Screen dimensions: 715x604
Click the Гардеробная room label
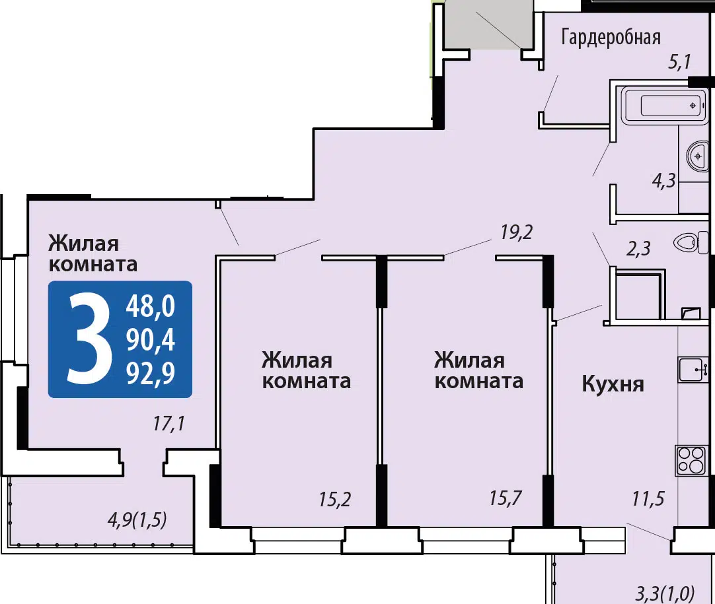click(x=611, y=37)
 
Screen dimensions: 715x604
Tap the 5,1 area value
click(x=679, y=61)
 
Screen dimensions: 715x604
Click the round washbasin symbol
click(x=698, y=156)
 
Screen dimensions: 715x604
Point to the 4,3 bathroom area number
click(x=663, y=181)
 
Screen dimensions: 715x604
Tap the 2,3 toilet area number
click(x=638, y=249)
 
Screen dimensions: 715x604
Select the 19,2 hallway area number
click(x=516, y=232)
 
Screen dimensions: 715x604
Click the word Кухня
click(x=613, y=384)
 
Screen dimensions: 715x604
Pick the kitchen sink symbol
click(x=693, y=370)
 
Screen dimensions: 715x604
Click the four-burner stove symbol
click(x=691, y=460)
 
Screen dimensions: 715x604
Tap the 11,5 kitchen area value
click(x=648, y=499)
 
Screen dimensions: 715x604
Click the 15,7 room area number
click(x=506, y=498)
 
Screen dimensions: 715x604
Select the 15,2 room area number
click(x=334, y=500)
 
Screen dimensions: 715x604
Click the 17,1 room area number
click(x=169, y=424)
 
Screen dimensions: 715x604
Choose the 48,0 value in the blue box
click(x=151, y=306)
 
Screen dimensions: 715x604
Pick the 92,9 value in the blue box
click(x=151, y=374)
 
